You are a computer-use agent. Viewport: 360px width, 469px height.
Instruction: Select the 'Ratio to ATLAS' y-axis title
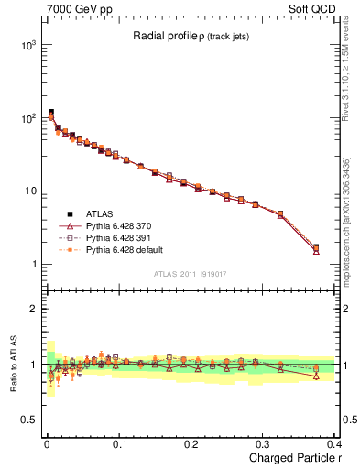coord(10,363)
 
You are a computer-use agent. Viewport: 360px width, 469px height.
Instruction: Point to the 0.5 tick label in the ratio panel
coord(28,420)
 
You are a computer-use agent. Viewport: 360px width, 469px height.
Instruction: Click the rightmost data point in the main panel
coord(316,248)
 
